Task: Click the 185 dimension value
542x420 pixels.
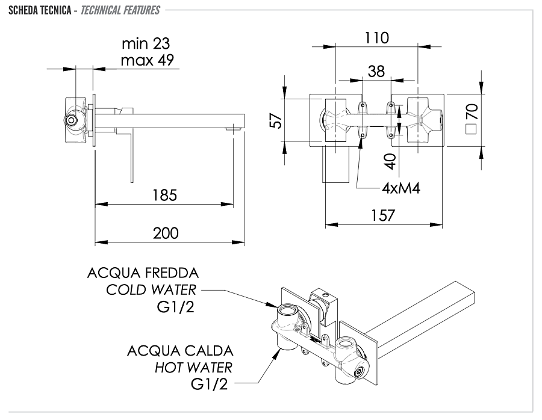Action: [164, 195]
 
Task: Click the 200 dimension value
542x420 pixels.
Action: [166, 233]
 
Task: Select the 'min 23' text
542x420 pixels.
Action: [146, 44]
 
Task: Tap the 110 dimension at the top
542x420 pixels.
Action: [376, 38]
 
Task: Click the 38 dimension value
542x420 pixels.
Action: [376, 72]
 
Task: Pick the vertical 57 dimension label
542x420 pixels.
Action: [275, 121]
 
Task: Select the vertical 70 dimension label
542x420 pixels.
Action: [472, 111]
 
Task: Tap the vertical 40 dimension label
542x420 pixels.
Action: [390, 161]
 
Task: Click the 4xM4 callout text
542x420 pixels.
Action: [400, 188]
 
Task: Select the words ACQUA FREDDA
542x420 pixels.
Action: [143, 273]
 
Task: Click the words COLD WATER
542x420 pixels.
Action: [151, 290]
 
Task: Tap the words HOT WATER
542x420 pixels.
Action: [193, 367]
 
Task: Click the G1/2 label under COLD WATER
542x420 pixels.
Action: [174, 307]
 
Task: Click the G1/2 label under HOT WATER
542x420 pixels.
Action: [210, 384]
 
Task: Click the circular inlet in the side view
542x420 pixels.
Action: [72, 120]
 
